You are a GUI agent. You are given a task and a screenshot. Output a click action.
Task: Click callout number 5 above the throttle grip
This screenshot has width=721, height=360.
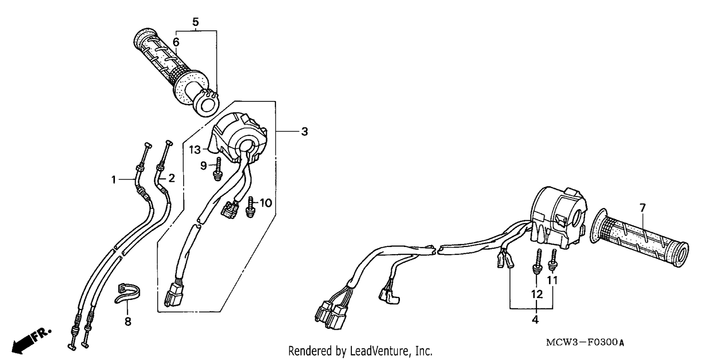click(195, 22)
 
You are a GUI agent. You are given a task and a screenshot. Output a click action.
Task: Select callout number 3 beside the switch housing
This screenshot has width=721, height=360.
click(304, 132)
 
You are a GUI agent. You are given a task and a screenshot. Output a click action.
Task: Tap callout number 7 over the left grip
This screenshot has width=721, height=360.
click(643, 208)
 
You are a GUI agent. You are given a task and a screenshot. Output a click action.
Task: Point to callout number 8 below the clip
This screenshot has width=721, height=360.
click(128, 322)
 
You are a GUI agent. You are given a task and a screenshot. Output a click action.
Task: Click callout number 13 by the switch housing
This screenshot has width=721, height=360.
click(195, 149)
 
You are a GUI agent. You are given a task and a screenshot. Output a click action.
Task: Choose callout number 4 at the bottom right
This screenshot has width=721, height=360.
click(535, 320)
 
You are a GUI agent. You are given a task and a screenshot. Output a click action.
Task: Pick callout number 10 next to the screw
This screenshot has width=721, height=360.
click(266, 203)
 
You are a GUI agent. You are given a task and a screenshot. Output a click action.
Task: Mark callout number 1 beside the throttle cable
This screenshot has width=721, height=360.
click(113, 179)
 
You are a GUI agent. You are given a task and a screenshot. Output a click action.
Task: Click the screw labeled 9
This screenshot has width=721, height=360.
click(218, 169)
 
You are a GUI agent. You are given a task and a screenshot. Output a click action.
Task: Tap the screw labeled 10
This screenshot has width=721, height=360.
click(250, 207)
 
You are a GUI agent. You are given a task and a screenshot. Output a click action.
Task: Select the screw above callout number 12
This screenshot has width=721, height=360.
click(536, 262)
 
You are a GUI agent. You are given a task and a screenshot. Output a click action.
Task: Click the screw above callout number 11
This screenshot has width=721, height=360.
click(553, 260)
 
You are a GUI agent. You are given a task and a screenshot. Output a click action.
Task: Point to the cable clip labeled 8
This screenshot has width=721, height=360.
click(127, 293)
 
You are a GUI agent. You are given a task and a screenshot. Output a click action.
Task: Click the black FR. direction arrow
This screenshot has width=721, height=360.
click(31, 341)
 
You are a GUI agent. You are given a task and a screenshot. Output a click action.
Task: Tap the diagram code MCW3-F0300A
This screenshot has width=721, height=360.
click(585, 342)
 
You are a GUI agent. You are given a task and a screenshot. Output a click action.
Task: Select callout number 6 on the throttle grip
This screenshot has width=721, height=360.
click(176, 42)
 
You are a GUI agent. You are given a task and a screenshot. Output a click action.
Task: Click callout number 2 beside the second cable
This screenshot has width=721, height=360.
click(172, 178)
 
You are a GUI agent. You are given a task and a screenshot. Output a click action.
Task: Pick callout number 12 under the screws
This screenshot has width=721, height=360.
click(536, 294)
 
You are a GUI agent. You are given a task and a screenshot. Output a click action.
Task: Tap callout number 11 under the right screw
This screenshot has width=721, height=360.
click(552, 281)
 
